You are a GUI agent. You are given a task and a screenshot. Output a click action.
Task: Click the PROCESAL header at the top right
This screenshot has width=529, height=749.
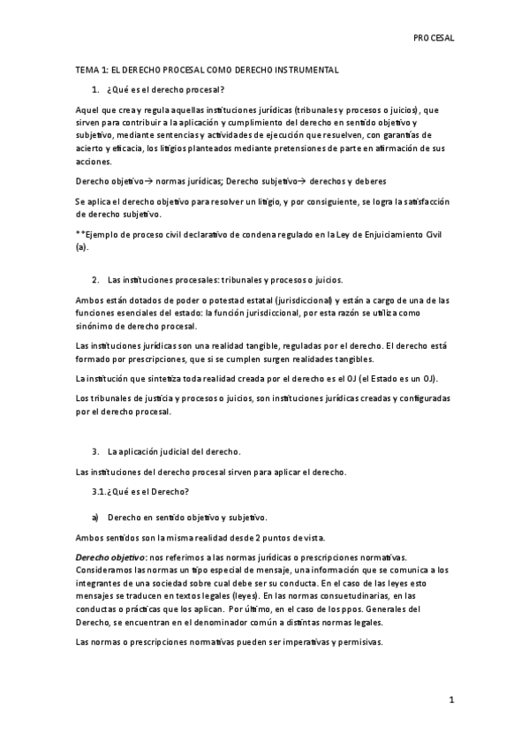(x=434, y=38)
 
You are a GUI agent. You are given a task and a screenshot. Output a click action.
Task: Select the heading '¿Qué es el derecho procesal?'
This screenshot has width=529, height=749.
(x=164, y=89)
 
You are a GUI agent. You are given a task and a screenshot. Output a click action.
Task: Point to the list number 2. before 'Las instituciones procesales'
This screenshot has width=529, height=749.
(x=94, y=279)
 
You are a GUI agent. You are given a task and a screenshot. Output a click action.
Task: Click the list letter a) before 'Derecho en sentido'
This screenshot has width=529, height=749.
(x=94, y=517)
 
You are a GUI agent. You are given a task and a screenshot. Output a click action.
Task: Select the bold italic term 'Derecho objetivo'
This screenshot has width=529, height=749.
(x=110, y=557)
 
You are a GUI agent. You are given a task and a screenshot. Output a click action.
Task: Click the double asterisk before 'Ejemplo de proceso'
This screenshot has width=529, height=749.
(x=79, y=233)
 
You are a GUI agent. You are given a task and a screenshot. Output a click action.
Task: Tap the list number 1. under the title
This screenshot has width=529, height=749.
(x=94, y=89)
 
